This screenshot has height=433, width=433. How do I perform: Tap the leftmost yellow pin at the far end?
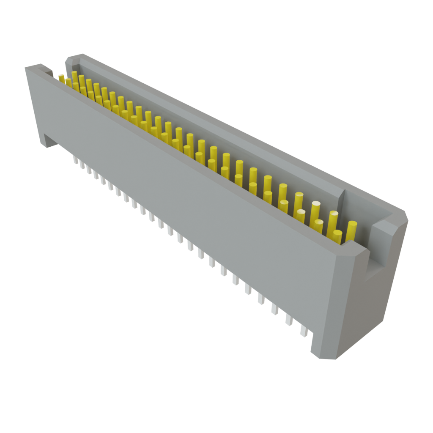point(62,77)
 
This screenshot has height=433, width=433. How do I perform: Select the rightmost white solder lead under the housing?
point(304,330)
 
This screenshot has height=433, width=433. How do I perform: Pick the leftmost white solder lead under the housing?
point(76,160)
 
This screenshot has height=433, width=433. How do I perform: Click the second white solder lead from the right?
point(289,320)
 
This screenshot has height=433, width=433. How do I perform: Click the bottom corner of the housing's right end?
point(326,358)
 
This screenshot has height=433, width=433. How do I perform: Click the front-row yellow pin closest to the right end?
point(337,237)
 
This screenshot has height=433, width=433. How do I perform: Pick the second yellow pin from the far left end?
point(68,82)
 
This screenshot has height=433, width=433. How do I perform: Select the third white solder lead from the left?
point(89,170)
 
